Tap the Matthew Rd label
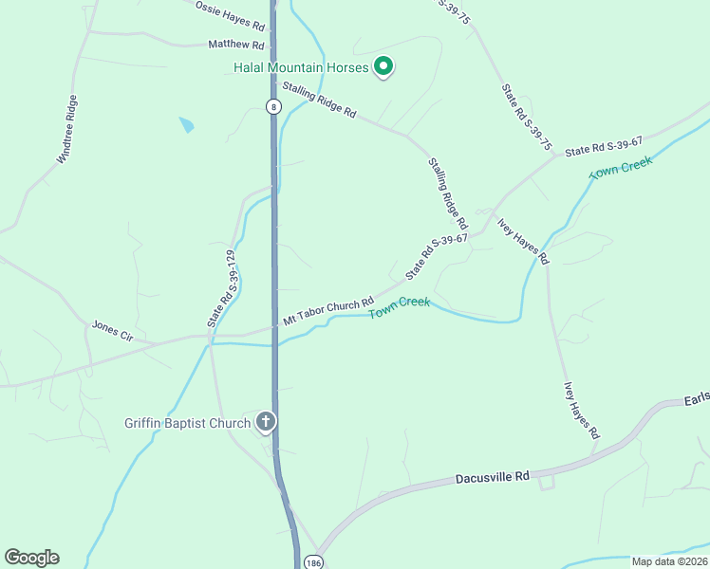coord(235,44)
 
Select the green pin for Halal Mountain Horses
coord(383,66)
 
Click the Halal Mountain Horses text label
coord(300,67)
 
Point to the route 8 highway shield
coord(273,106)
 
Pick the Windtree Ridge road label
coord(67,130)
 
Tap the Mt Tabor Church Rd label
coord(328,310)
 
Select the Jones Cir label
coord(112,331)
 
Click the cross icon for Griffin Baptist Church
coord(267,422)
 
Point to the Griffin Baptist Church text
coord(186,423)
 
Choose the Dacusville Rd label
coord(491,477)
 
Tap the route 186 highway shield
coord(314,561)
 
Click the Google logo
coord(31,558)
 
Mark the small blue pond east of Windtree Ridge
coord(186,124)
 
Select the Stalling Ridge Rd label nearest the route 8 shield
coord(318,100)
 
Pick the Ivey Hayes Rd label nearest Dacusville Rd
coord(582,410)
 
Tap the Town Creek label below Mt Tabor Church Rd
coord(400,307)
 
